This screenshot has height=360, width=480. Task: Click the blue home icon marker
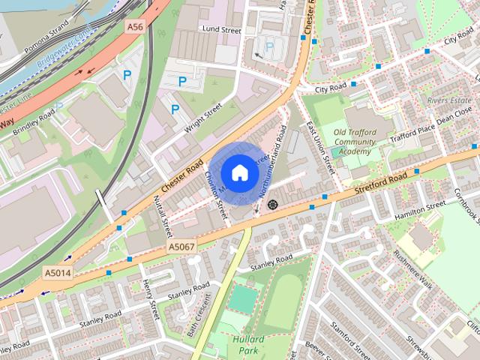pos(239,172)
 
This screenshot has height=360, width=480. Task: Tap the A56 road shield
pos(135,26)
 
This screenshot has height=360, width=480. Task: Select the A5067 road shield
pos(181,246)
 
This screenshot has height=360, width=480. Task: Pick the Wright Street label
pos(203,118)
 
